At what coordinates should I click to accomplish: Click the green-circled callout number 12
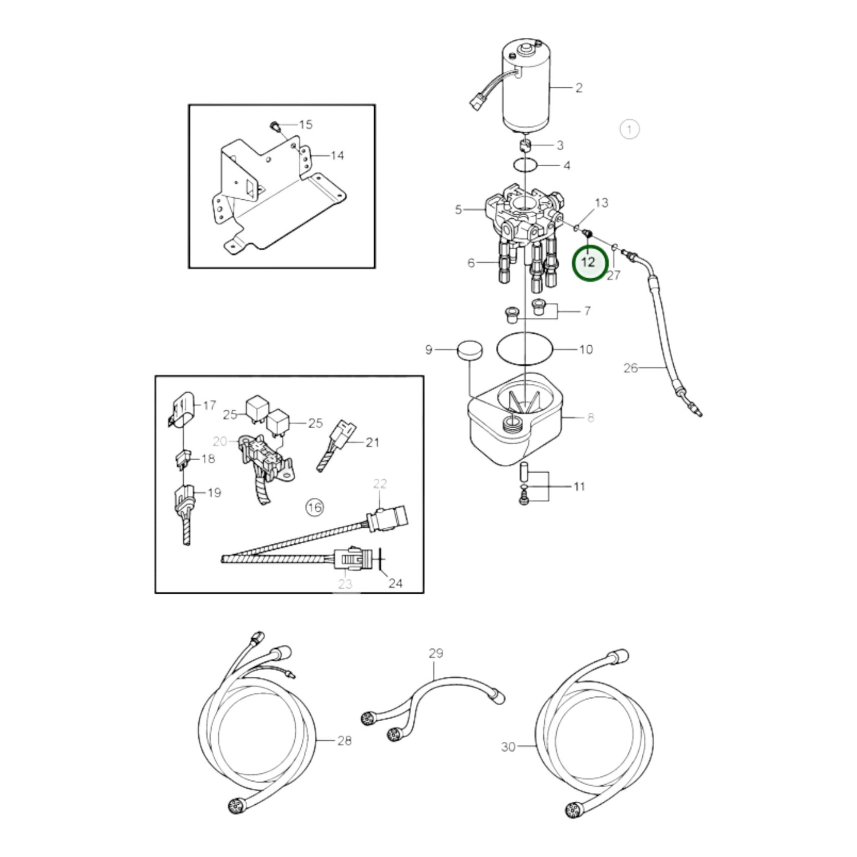(589, 262)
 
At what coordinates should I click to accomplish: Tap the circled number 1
(629, 129)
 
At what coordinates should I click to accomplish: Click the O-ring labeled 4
(525, 164)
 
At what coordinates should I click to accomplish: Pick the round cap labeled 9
(469, 350)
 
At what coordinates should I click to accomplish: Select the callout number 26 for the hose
(630, 368)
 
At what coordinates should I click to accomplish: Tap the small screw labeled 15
(274, 125)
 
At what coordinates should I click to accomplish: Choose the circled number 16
(314, 507)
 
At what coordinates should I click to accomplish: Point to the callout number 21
(372, 442)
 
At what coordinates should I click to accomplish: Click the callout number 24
(395, 583)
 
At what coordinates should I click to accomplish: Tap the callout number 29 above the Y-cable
(435, 653)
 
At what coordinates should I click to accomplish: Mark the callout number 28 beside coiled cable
(344, 740)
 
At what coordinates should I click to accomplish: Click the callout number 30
(508, 747)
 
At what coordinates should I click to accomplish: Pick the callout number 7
(587, 310)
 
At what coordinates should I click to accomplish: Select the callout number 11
(579, 486)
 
